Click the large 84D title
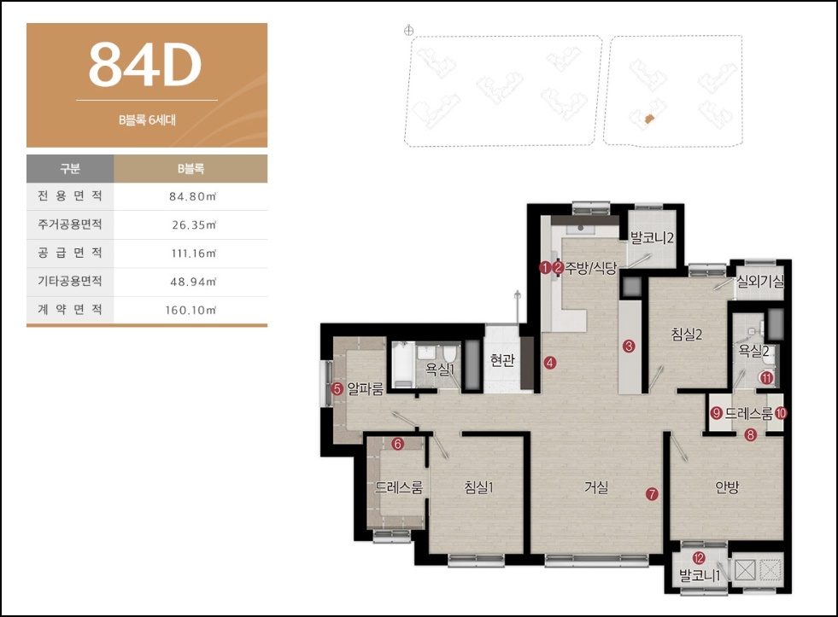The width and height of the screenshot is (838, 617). coord(145,65)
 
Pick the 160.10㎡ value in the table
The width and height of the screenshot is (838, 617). coord(190,310)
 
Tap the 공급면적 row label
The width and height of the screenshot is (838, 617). coord(70,253)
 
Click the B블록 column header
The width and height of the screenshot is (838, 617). coord(190,169)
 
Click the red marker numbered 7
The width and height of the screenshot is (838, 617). coord(652,494)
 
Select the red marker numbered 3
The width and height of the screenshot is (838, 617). coord(629,346)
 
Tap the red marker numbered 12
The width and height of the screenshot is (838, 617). coord(699,558)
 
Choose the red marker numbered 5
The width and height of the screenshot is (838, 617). coord(337,388)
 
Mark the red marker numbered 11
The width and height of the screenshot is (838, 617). coord(767,378)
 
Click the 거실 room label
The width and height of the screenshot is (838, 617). coord(596,486)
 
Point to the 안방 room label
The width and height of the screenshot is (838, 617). coord(727,486)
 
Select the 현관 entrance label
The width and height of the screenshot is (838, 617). coord(502,360)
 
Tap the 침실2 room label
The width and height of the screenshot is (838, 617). coord(686,335)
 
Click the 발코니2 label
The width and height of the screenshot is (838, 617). coord(652,237)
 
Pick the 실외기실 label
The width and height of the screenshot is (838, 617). coord(760,281)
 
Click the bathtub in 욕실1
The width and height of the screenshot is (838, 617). coord(403,365)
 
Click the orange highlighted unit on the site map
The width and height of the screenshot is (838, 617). coord(649,119)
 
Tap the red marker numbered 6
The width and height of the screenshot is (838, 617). coord(397,444)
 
